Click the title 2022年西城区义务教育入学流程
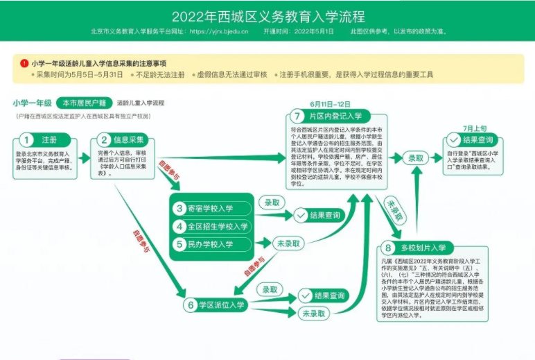tap(267, 16)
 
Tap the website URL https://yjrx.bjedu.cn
tap(218, 32)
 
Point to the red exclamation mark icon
tap(24, 63)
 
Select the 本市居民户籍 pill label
tap(84, 103)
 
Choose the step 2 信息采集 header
tap(125, 140)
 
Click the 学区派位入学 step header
tap(217, 305)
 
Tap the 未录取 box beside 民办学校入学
tap(290, 243)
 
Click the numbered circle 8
tap(387, 248)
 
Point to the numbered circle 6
tap(191, 305)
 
